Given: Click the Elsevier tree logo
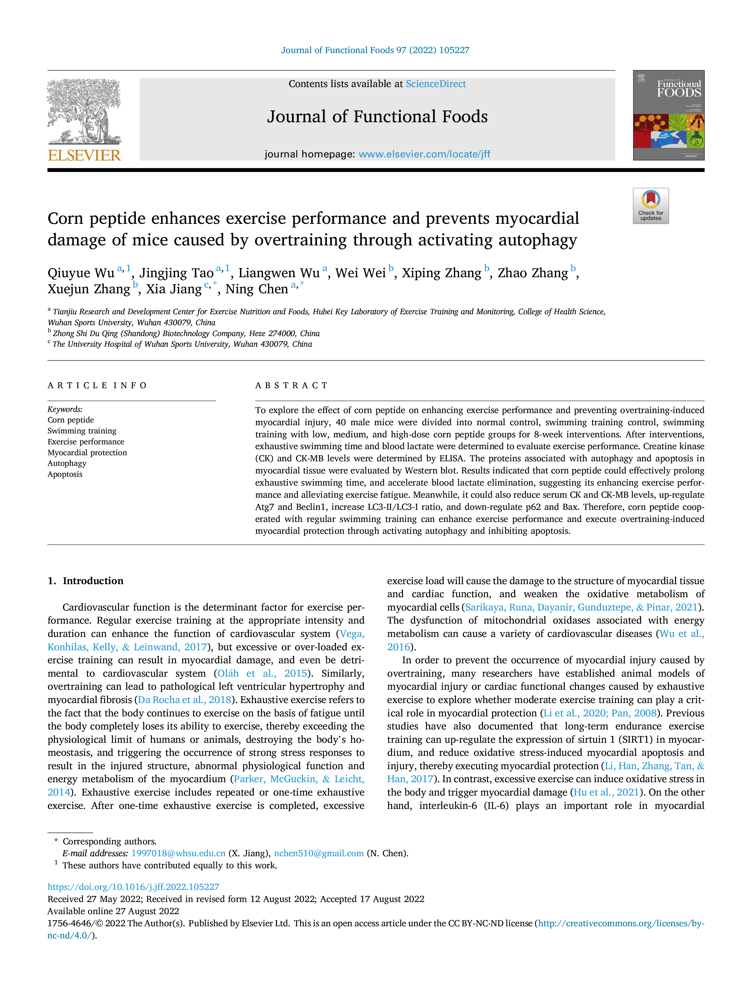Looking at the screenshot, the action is pos(84,112).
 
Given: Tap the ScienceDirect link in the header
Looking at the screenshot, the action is pos(436,84).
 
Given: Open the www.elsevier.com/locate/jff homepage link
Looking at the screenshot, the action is pos(424,154).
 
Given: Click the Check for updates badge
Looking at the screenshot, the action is pos(650,206).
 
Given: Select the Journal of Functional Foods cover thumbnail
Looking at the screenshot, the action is pos(669,115).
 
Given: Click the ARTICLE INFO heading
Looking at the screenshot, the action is pos(97,385).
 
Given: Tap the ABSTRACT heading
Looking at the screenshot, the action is pos(291,385).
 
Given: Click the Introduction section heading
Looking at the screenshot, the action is pos(93,581).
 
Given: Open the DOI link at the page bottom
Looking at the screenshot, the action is pos(133,887).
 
